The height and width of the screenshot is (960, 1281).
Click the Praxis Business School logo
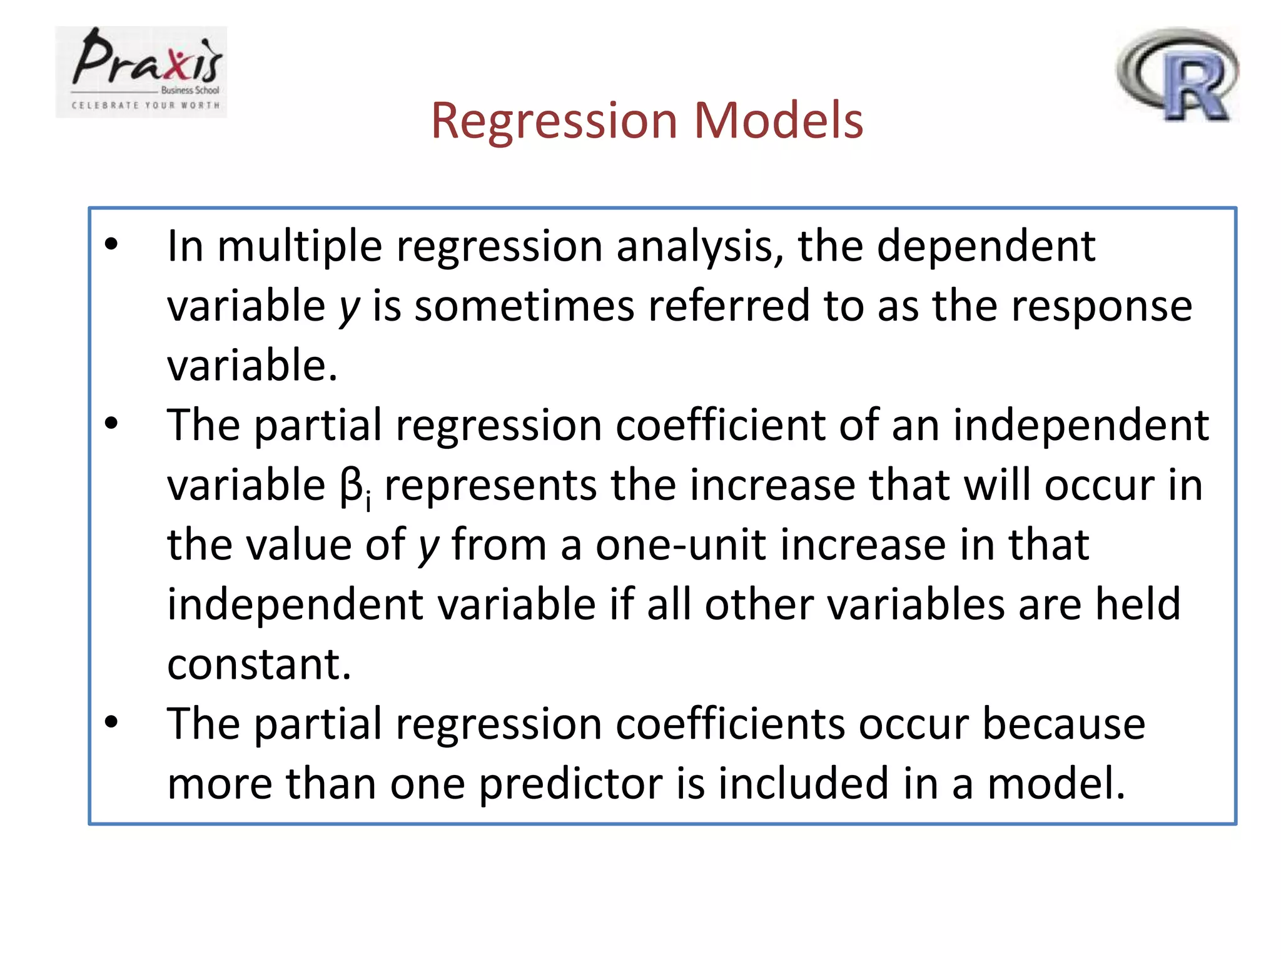point(141,71)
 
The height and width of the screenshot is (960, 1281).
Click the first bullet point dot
point(111,245)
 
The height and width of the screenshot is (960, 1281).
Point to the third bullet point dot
point(111,722)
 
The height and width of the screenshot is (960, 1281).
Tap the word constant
point(258,664)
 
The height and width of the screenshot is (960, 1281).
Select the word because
point(1063,724)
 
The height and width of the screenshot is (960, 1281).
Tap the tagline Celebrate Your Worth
point(146,106)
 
